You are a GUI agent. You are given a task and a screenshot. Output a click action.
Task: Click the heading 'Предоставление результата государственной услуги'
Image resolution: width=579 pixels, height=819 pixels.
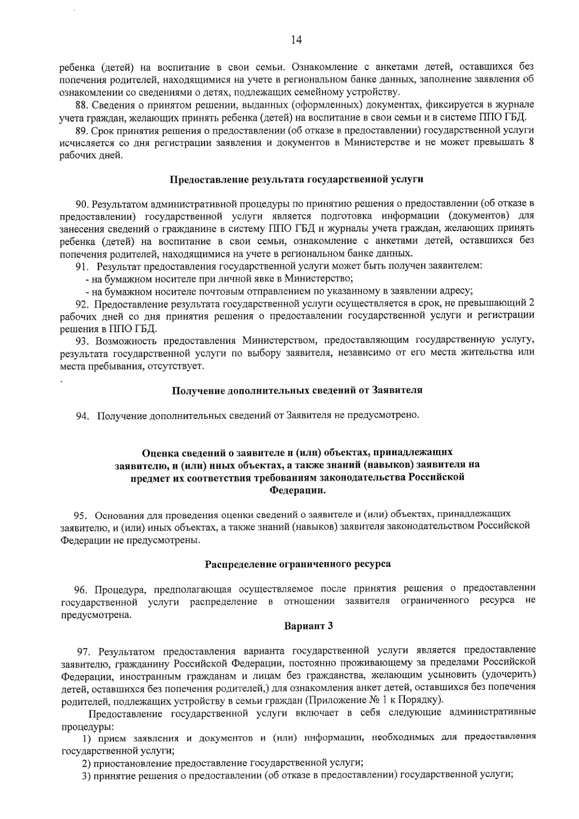(x=296, y=180)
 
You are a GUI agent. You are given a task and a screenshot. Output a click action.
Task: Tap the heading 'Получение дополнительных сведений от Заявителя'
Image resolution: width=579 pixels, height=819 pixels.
(x=297, y=390)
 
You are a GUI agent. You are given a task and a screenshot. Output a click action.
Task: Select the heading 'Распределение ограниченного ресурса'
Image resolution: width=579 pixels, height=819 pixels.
(x=298, y=564)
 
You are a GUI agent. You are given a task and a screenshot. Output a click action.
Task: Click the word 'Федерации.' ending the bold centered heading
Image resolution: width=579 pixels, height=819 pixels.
(x=297, y=490)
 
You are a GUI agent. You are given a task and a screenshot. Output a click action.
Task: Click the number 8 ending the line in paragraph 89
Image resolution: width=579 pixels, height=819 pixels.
(x=531, y=143)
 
